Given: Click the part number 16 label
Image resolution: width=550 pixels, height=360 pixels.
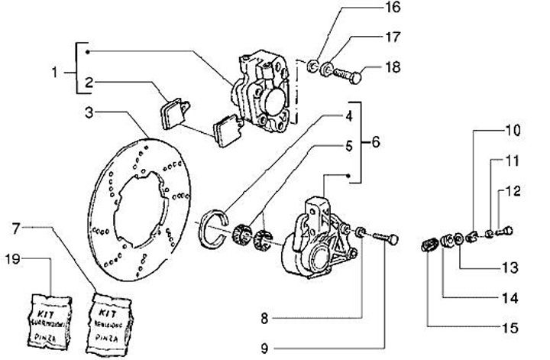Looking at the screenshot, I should click(x=391, y=10).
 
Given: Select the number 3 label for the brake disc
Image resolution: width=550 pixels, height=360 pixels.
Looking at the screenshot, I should click(x=90, y=113).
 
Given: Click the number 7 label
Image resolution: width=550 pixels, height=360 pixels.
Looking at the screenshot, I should click(x=17, y=228).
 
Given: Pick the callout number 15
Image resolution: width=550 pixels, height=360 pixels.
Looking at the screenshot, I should click(x=510, y=328).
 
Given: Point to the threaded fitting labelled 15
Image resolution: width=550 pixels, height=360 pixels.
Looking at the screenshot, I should click(x=429, y=245).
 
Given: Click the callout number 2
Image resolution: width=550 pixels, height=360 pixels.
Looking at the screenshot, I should click(x=89, y=82).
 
